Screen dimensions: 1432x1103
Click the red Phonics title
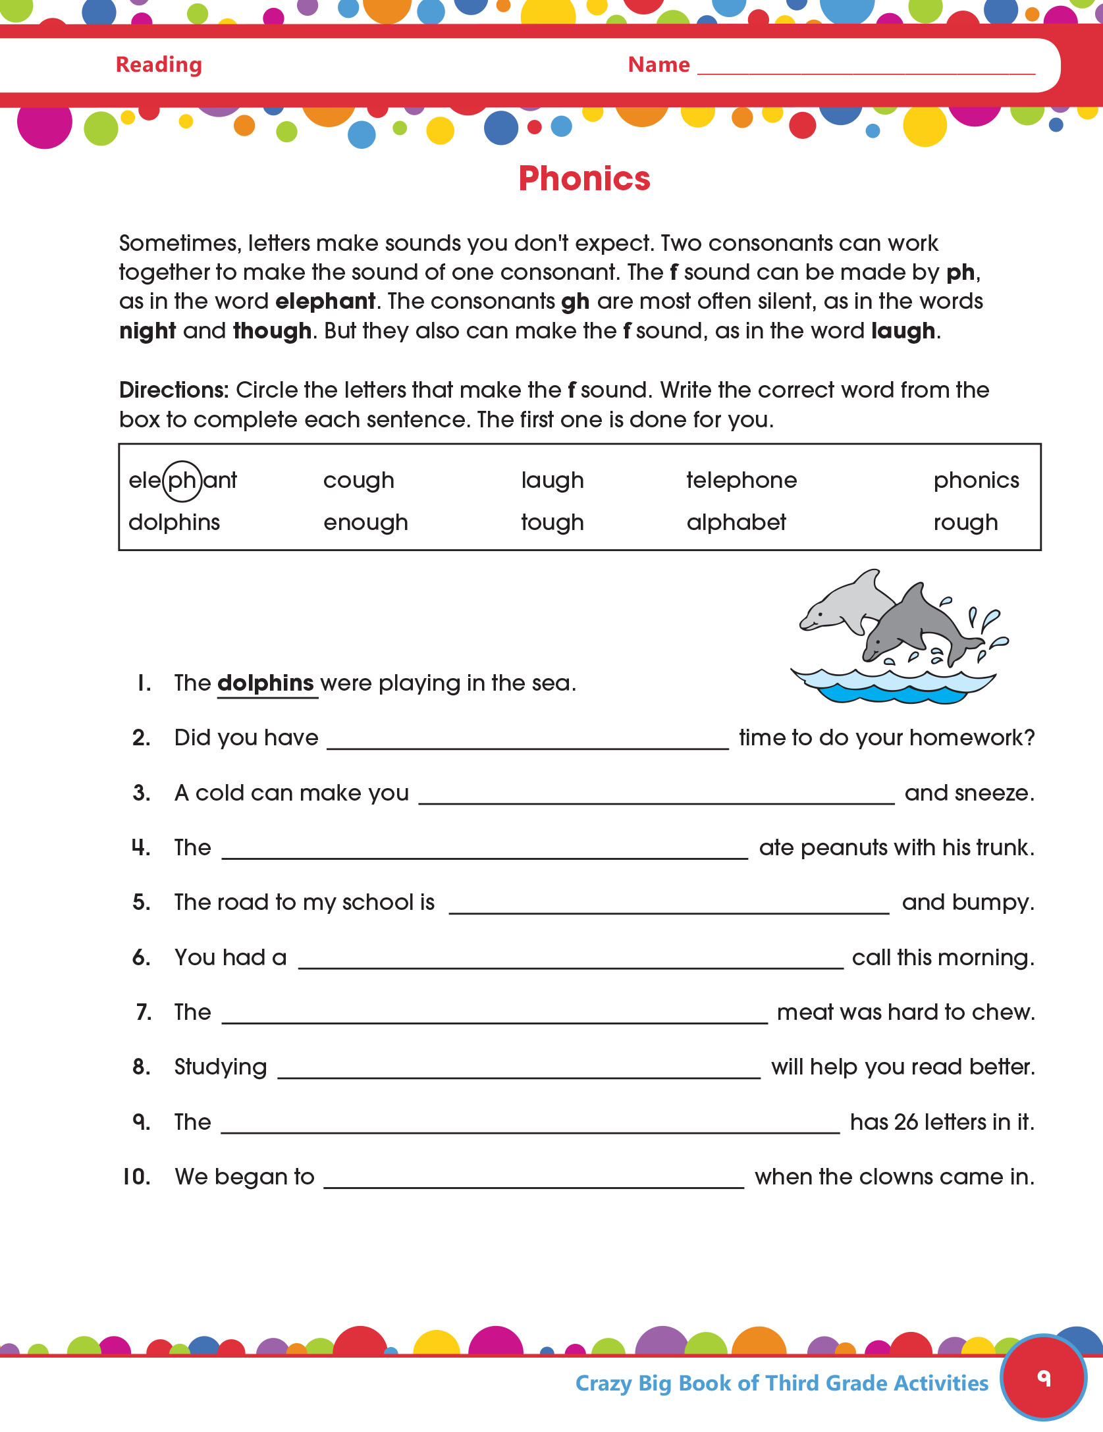(584, 178)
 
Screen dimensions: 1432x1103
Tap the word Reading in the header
(159, 65)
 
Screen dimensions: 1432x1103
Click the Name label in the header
(659, 65)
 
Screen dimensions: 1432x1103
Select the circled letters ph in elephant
(182, 481)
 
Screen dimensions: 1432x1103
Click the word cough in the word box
(358, 481)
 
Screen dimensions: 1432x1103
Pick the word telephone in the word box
(741, 480)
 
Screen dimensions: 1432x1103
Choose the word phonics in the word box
(976, 481)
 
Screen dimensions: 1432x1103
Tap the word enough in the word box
(365, 523)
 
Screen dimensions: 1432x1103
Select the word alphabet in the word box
(736, 522)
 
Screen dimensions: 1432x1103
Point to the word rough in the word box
(965, 523)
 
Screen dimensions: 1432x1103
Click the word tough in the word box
(552, 523)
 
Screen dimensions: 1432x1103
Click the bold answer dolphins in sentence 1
(265, 683)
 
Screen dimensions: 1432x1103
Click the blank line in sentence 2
(527, 747)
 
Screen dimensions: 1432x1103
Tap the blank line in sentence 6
(570, 966)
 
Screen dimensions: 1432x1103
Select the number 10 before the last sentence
(136, 1177)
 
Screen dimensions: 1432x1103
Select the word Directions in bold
(173, 390)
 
